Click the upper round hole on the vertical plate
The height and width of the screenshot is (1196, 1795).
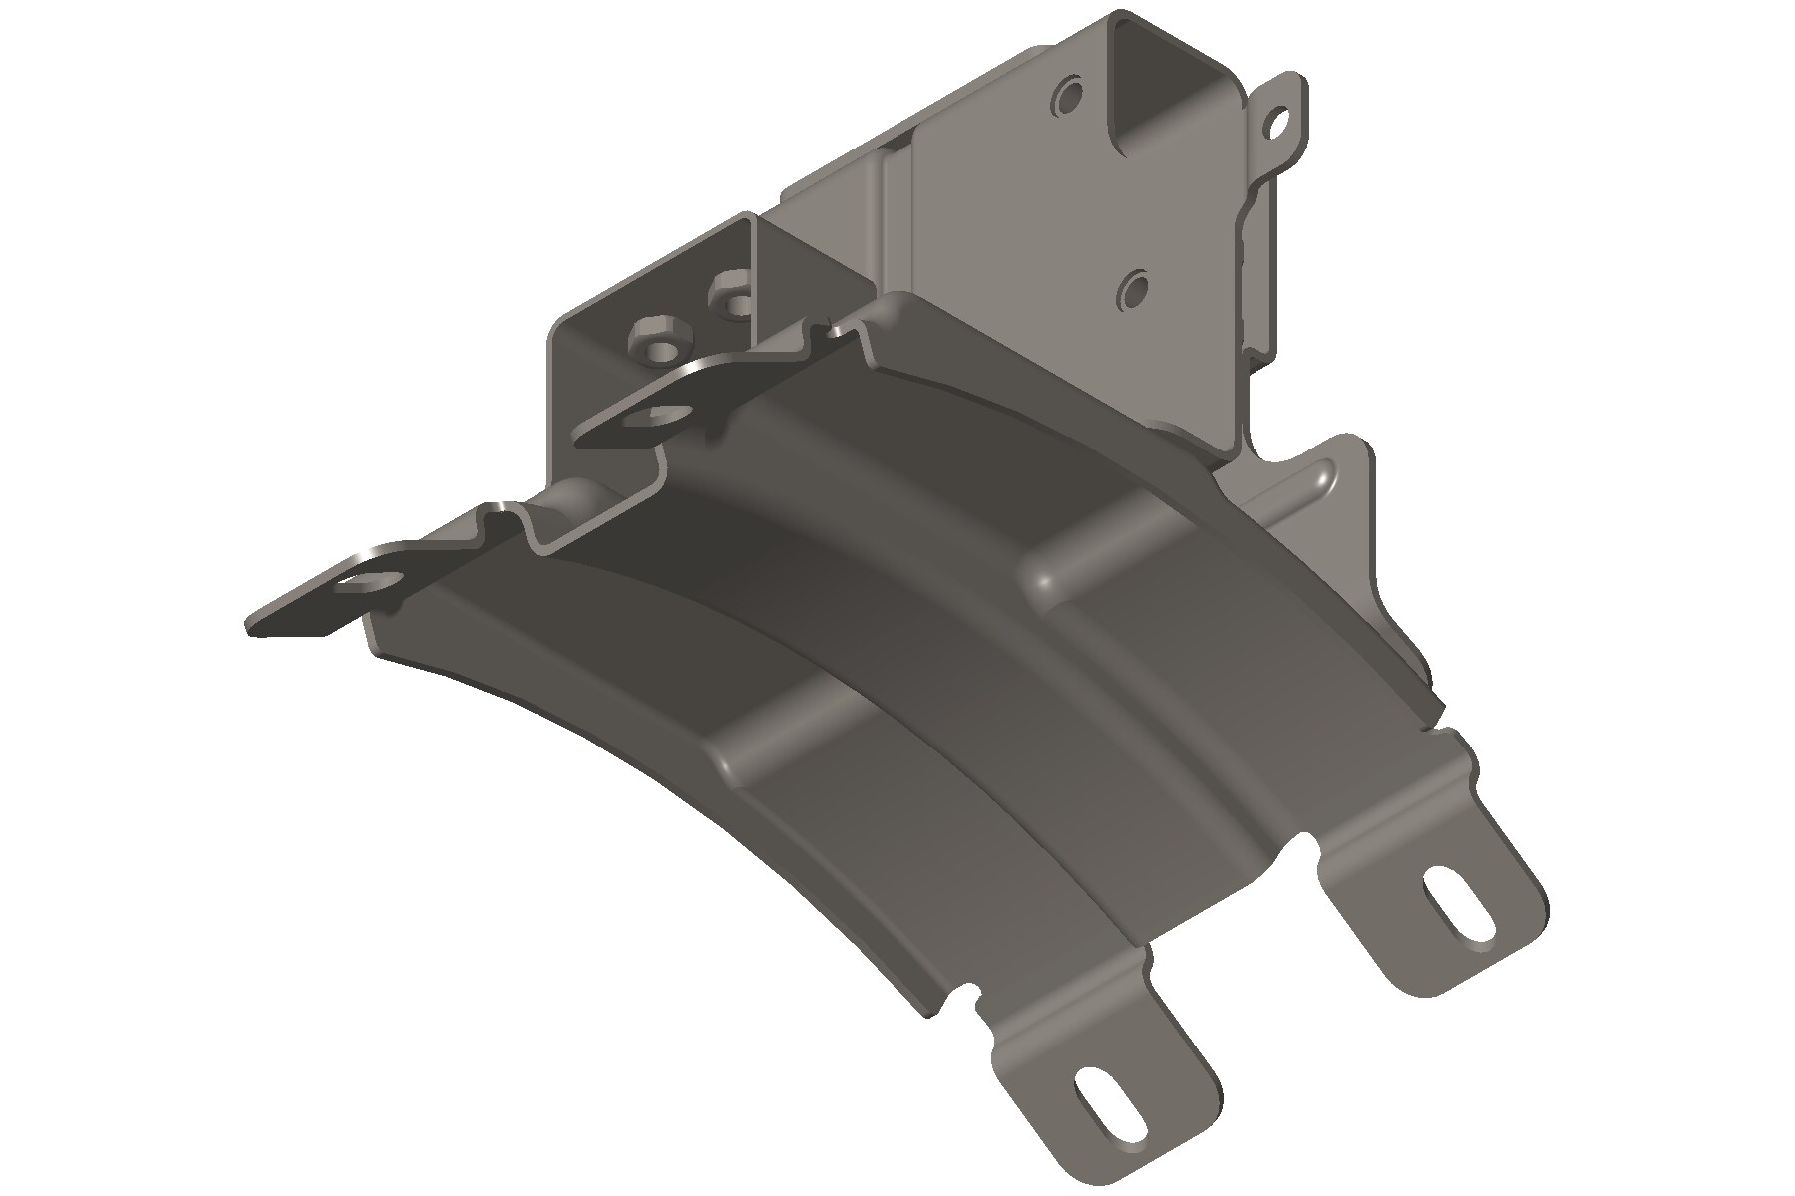(x=1069, y=98)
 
